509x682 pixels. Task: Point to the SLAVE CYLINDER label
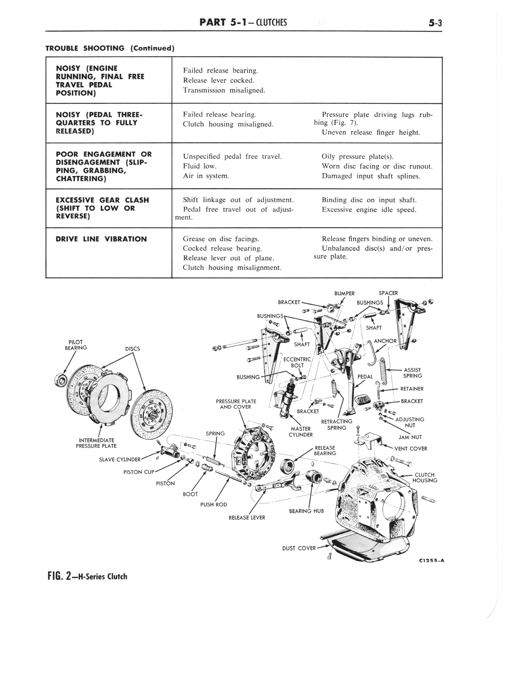pos(120,459)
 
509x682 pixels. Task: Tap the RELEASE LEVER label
pos(247,518)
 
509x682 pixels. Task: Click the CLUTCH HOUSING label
pos(424,478)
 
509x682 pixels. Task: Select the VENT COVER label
pos(411,449)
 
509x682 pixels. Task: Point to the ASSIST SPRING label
pos(412,373)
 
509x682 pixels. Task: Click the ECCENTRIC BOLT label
pos(297,362)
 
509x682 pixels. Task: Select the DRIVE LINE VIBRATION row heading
pos(101,239)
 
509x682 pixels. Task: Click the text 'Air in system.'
pos(206,176)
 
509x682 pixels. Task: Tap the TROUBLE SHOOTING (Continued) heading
pos(110,48)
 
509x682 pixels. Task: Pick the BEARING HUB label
pos(306,511)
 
